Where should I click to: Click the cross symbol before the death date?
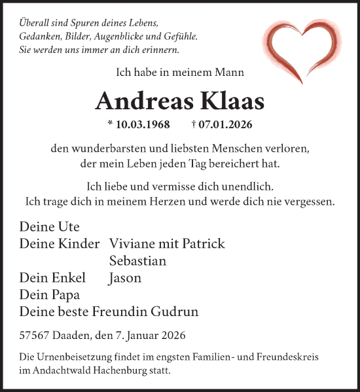pos(194,124)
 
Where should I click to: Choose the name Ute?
pos(67,227)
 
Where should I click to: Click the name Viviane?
pos(134,244)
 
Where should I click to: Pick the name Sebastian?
pos(137,261)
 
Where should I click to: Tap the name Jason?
pos(125,278)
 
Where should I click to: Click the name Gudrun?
pos(175,312)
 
